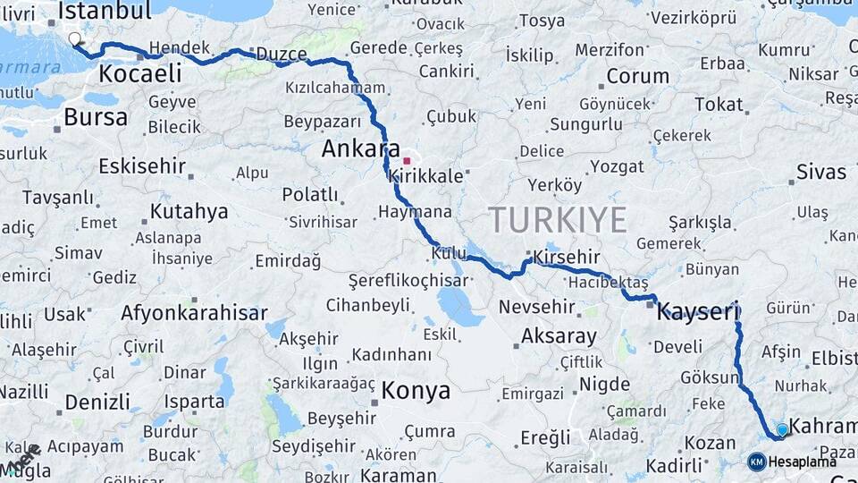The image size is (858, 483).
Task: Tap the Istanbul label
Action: click(105, 12)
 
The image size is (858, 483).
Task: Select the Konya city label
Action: click(416, 391)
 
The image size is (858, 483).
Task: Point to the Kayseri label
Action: click(698, 312)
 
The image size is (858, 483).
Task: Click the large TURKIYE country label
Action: click(557, 219)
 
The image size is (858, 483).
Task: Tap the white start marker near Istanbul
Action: click(74, 38)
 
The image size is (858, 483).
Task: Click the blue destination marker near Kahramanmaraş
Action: click(783, 430)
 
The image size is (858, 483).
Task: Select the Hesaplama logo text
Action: click(802, 462)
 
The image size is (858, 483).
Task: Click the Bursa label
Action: click(96, 117)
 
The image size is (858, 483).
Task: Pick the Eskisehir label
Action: click(142, 165)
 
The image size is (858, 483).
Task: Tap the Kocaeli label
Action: click(139, 73)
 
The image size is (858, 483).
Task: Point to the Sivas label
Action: click(820, 172)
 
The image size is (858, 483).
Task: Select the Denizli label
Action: click(97, 402)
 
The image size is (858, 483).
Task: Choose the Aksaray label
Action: click(559, 336)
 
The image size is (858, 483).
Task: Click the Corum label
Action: click(638, 77)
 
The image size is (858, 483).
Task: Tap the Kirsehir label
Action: click(566, 258)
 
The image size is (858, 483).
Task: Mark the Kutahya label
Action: click(189, 212)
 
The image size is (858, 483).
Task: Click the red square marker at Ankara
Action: click(407, 161)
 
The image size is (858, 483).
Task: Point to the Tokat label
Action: click(719, 105)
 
